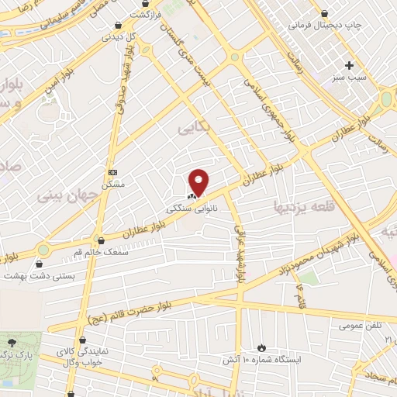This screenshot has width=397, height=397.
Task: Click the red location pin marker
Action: [x=199, y=181]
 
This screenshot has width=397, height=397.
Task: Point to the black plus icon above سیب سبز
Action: [x=350, y=65]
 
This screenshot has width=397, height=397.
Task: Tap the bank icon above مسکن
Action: [x=113, y=172]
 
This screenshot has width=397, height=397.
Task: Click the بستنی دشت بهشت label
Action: [x=38, y=274]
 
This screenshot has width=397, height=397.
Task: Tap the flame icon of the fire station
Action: [x=262, y=347]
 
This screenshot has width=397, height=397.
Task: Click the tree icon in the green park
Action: [x=12, y=341]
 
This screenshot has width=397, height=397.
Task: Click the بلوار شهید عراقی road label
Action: [x=240, y=256]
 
